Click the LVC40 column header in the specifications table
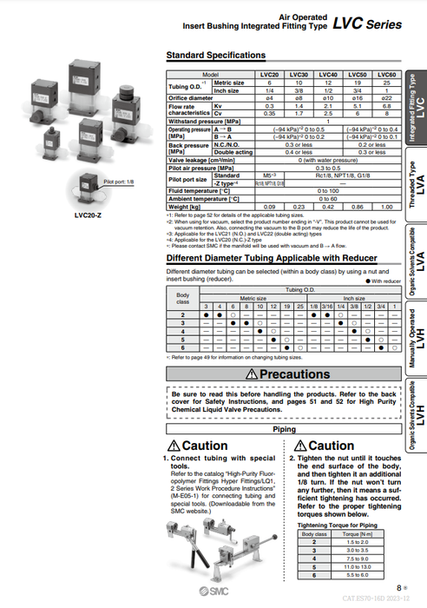click(328, 76)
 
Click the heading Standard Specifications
click(215, 56)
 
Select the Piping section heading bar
click(284, 429)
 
